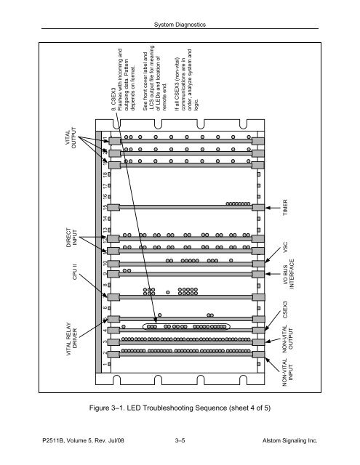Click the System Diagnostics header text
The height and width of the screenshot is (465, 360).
click(180, 26)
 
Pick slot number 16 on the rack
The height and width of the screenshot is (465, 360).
click(105, 197)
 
